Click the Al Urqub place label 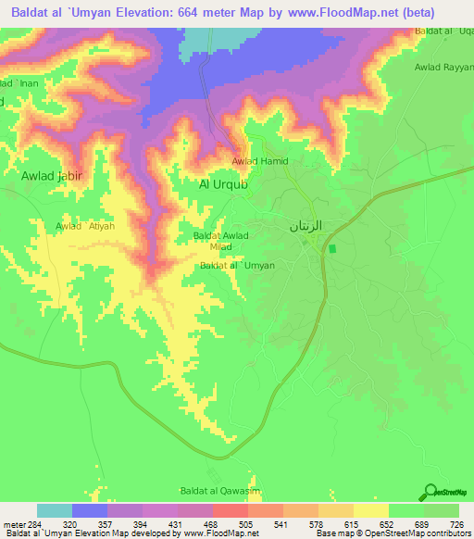click(223, 184)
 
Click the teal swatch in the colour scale click(55, 510)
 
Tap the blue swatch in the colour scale click(90, 510)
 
